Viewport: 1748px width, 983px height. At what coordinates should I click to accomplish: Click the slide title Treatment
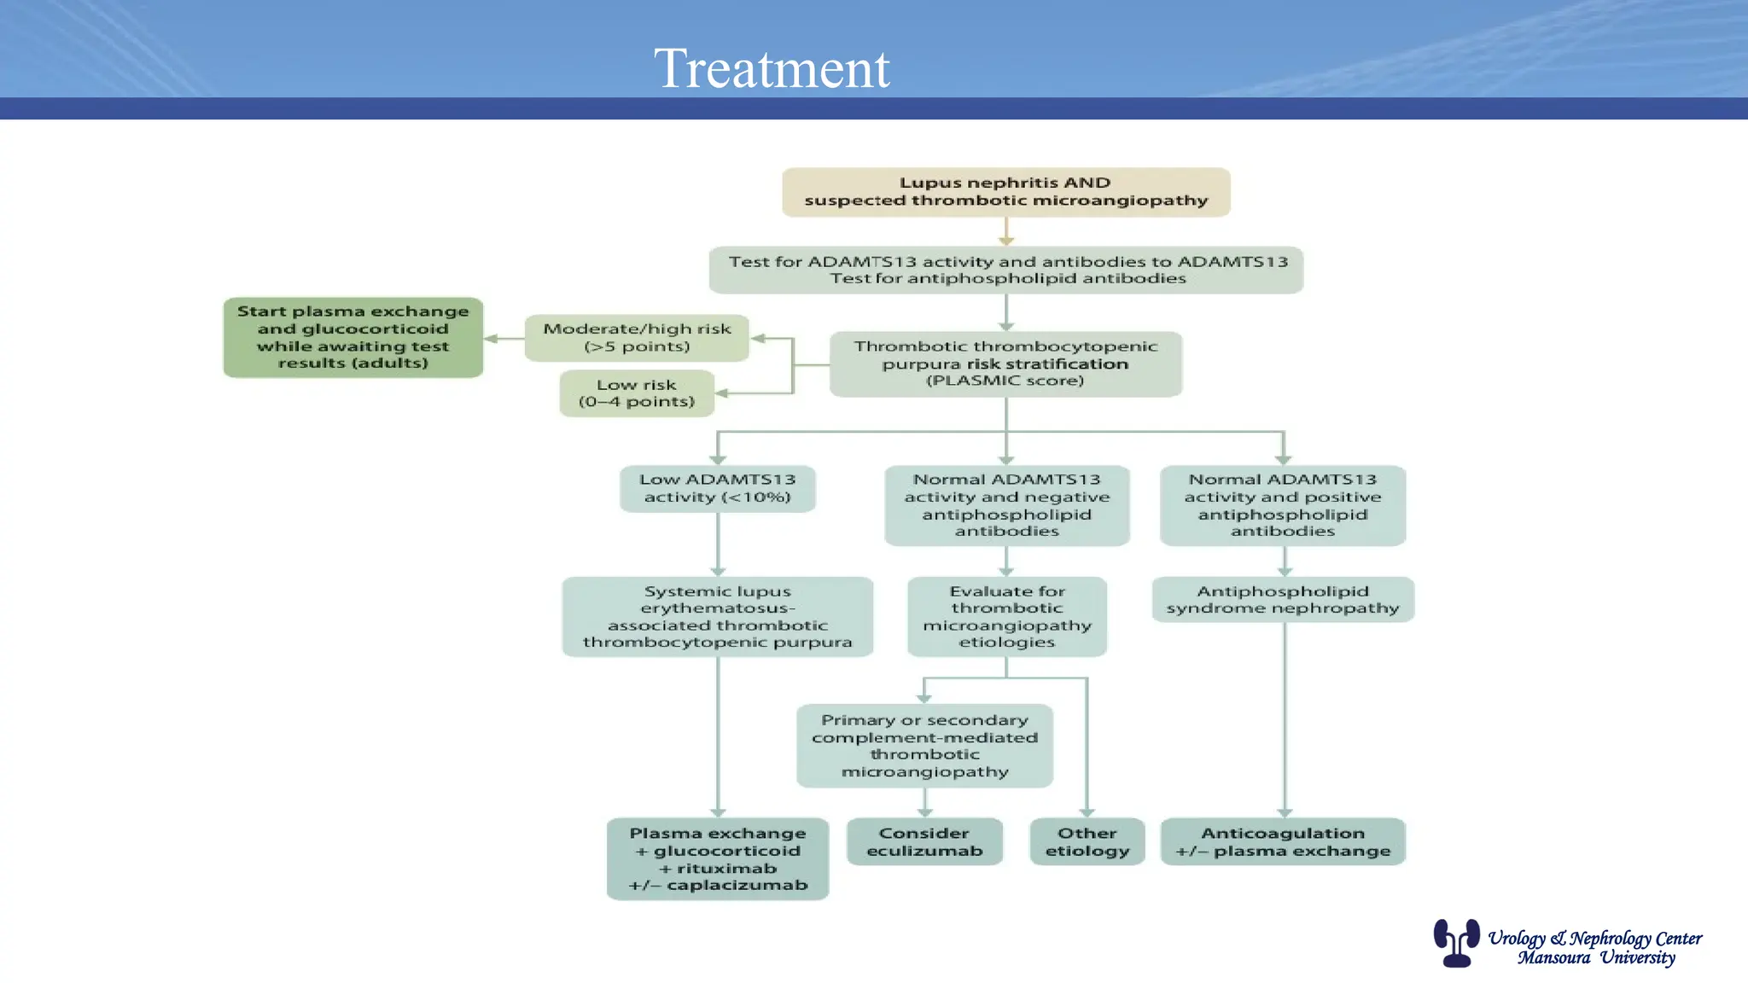point(772,68)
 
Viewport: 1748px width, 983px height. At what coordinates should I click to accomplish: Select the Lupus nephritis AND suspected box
point(1005,192)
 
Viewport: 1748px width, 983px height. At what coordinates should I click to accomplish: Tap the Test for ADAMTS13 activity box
point(1005,270)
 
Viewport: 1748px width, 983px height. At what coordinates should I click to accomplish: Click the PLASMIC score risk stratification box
point(1005,364)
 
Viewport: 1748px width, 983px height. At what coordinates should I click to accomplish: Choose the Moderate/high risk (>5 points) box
point(637,338)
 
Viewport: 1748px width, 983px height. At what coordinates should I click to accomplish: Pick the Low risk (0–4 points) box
point(637,393)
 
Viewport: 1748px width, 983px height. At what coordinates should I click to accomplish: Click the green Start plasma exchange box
point(353,337)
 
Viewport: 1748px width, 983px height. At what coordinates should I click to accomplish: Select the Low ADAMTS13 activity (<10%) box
point(717,488)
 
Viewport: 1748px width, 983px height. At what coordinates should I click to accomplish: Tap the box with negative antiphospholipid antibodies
point(1006,505)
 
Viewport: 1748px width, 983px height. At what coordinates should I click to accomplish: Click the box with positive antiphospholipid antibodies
point(1282,505)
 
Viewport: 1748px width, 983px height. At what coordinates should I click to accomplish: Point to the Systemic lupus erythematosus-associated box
point(717,616)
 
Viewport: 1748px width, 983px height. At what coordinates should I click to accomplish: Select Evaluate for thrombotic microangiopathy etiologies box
point(1006,616)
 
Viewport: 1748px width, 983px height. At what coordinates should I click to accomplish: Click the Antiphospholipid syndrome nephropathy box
point(1282,599)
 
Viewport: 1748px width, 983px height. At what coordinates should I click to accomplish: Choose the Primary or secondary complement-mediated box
point(924,746)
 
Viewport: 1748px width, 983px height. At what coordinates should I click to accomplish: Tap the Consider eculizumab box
point(924,841)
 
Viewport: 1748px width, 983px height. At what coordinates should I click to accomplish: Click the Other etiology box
point(1087,841)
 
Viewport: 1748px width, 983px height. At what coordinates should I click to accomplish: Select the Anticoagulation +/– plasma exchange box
point(1282,841)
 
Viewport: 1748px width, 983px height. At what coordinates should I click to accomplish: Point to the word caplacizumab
point(737,886)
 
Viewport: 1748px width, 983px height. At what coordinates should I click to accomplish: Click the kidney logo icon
point(1456,942)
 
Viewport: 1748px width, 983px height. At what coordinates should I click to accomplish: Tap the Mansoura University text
point(1596,958)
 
